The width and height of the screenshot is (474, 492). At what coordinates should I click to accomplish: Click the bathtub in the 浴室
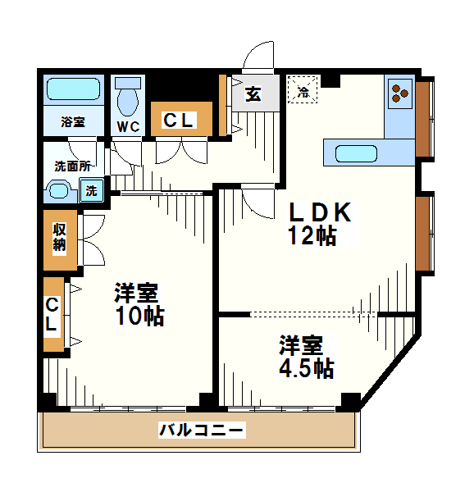tap(73, 89)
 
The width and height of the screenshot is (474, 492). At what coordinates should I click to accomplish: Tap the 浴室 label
tap(73, 122)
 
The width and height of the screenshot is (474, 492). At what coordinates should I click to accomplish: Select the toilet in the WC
tap(128, 99)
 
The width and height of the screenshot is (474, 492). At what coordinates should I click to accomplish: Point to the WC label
tap(128, 126)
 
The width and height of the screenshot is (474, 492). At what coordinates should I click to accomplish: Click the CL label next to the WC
tap(179, 121)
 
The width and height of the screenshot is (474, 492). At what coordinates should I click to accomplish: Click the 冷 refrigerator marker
tap(303, 89)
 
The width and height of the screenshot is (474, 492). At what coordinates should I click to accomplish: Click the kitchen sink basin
tap(356, 153)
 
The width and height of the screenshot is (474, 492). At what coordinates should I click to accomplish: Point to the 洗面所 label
tap(71, 166)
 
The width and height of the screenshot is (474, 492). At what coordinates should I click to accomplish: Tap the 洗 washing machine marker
tap(91, 191)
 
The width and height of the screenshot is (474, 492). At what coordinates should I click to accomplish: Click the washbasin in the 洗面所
tap(61, 192)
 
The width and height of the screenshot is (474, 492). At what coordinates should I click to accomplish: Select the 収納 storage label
tap(60, 238)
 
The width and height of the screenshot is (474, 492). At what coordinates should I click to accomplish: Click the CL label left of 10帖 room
tap(52, 315)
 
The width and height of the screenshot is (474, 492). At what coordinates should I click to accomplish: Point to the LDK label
tap(319, 212)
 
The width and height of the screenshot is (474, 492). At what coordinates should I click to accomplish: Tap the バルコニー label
tap(200, 429)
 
